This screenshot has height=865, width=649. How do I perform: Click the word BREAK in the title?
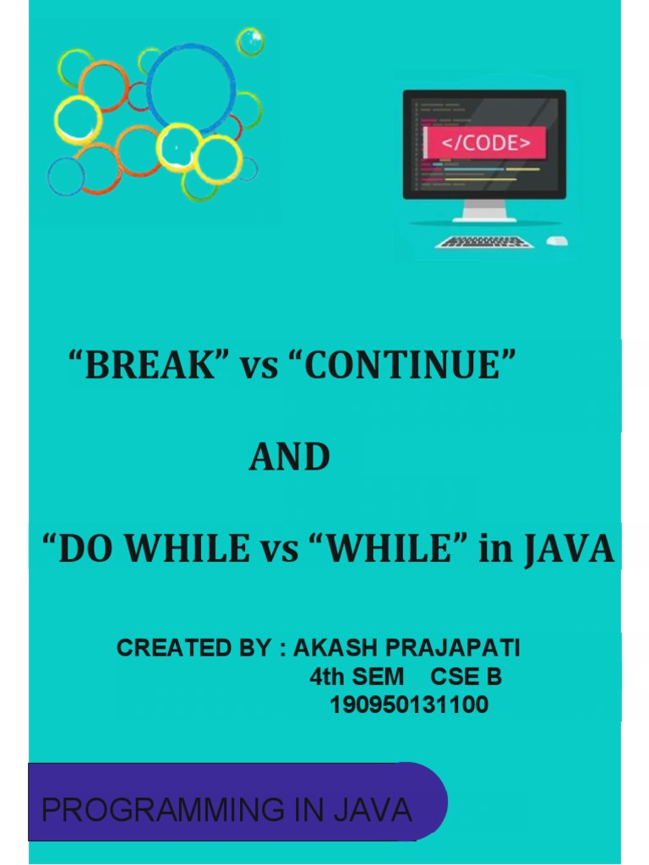point(150,366)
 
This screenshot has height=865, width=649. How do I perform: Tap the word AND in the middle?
point(289,458)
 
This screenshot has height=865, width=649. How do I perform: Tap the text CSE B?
point(466,677)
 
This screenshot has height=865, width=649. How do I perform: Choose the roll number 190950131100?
point(409,705)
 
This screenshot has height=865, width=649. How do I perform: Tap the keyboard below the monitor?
point(485,242)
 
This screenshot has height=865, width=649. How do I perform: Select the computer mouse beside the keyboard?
point(557,242)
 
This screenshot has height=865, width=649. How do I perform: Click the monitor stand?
point(483,209)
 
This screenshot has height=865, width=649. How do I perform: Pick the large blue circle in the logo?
point(191,89)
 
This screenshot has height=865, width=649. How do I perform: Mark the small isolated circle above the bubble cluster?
point(250,41)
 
